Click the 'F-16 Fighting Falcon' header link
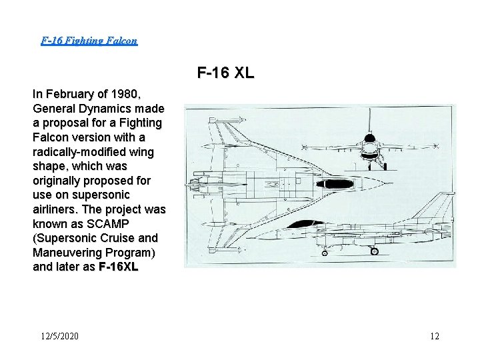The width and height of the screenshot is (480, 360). tap(89, 41)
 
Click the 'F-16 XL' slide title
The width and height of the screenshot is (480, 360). tap(225, 73)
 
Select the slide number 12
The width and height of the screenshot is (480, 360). tap(435, 336)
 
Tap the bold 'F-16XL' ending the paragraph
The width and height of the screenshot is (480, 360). tap(118, 267)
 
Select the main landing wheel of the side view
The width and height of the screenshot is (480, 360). tap(374, 251)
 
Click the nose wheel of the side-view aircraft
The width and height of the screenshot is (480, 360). tap(325, 252)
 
